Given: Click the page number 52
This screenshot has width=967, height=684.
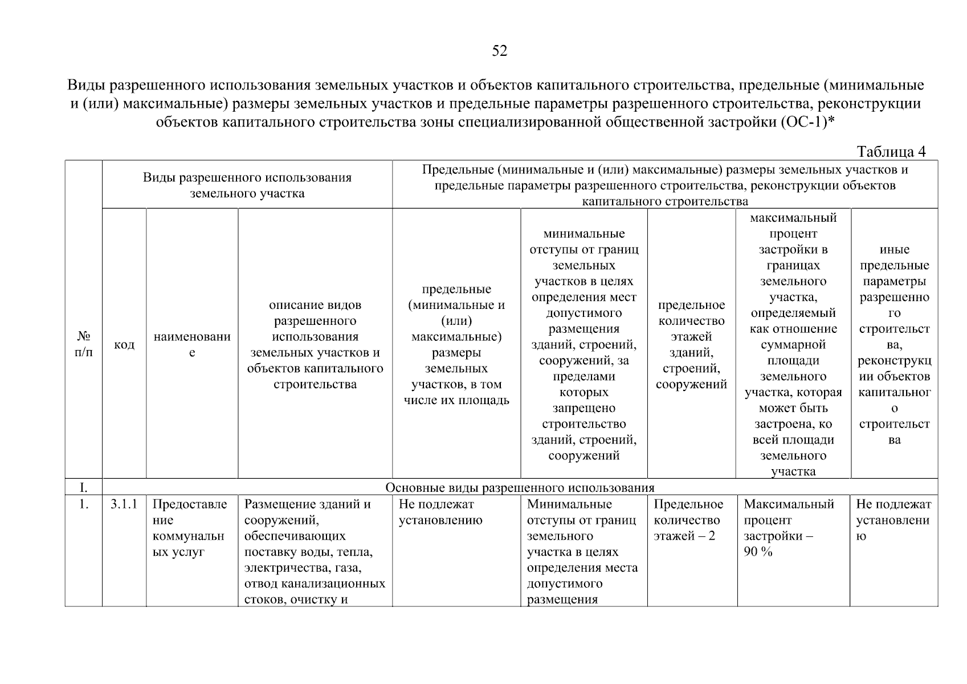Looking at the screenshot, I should tap(499, 51).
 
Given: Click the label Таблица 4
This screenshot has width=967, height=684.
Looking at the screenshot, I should tap(891, 152).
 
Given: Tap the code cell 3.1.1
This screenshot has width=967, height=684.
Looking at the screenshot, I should tap(124, 504).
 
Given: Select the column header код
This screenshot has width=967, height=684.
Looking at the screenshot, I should tap(124, 345).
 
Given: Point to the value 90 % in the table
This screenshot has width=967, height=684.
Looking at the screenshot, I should tap(758, 552).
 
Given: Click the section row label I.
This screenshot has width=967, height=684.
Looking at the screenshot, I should tap(83, 487).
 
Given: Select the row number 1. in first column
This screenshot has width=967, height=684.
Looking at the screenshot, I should tap(83, 504).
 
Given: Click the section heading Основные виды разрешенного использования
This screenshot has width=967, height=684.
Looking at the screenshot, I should tap(520, 487).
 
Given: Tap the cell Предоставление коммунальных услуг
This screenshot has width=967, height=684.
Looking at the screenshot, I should tap(191, 528).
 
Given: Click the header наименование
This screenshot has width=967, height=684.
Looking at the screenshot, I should tap(192, 344).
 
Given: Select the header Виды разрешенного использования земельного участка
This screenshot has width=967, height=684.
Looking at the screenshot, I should tap(247, 185).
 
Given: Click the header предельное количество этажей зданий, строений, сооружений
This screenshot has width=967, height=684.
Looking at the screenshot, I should tap(691, 344).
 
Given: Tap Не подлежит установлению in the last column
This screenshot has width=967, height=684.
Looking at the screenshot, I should tap(893, 520).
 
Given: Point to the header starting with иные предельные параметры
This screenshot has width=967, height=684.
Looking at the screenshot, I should tap(894, 344).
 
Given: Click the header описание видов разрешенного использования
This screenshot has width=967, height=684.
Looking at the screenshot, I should tap(315, 344).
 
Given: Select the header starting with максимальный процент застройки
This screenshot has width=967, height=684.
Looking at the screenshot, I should tap(793, 344).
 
